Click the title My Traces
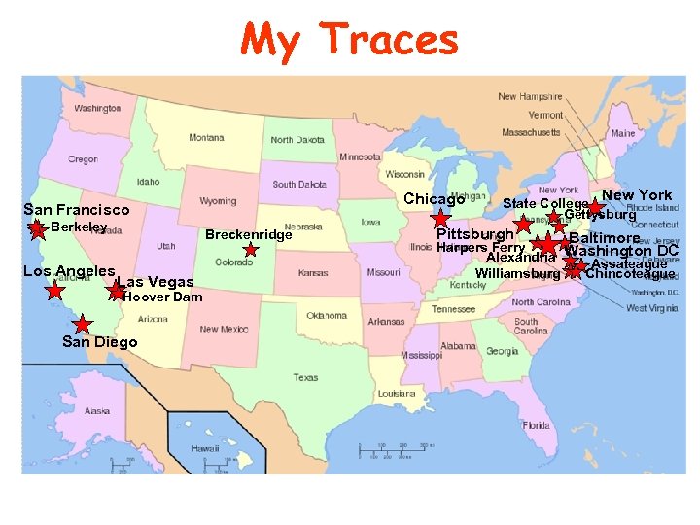[350, 40]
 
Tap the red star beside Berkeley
[37, 229]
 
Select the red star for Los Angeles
[55, 290]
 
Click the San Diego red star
[84, 324]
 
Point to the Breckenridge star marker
[251, 250]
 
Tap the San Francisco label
[76, 209]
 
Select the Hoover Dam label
[162, 297]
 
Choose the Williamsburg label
[518, 274]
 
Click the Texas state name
[305, 377]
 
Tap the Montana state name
[206, 138]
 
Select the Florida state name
[536, 425]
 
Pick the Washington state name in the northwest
[97, 108]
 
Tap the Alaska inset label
[97, 410]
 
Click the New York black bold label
[637, 195]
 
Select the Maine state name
[623, 133]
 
